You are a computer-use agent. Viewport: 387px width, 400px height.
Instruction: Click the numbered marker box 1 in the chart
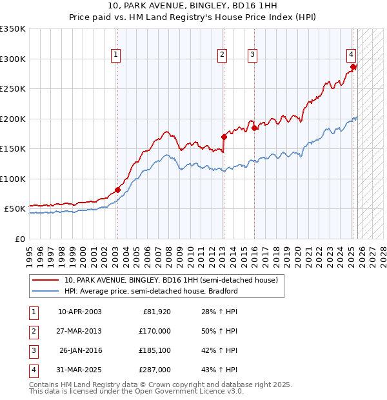click(115, 55)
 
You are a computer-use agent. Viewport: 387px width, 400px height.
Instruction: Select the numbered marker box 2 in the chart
click(222, 55)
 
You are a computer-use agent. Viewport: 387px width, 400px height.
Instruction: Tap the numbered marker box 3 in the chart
click(252, 55)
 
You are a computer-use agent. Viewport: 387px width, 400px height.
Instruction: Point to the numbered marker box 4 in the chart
click(351, 55)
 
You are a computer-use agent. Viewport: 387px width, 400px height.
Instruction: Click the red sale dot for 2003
click(117, 190)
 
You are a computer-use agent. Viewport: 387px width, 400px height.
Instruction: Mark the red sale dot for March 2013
click(224, 137)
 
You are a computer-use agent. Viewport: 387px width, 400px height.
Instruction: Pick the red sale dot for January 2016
click(254, 128)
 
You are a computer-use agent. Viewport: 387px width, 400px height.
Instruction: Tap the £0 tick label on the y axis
click(19, 239)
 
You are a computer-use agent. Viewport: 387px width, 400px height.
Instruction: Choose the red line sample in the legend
click(46, 281)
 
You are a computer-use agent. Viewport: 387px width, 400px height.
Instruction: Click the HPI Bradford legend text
click(151, 291)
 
